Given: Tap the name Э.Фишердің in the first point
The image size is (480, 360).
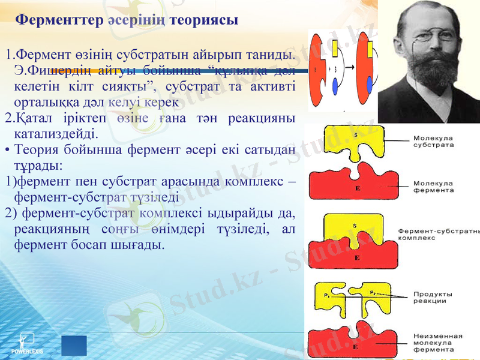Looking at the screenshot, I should (x=46, y=70).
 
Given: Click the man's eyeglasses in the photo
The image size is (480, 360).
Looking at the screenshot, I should (x=427, y=36).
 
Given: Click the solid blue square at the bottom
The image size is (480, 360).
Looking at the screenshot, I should (x=74, y=346).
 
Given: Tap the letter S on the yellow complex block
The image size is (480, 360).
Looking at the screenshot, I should (x=355, y=226).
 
